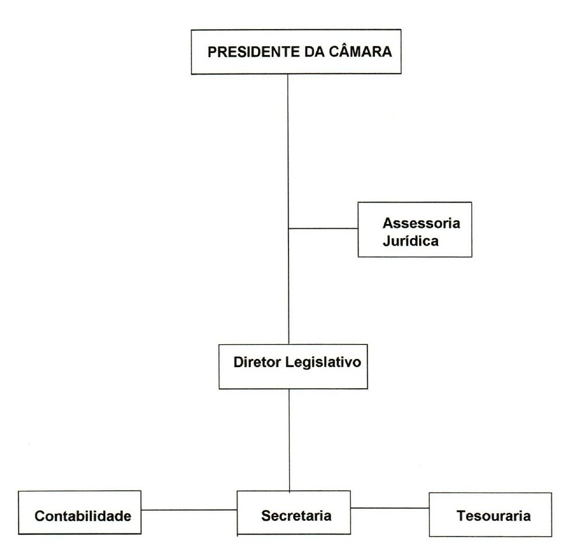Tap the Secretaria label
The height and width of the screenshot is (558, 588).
click(296, 516)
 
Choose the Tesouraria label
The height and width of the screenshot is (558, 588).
click(494, 516)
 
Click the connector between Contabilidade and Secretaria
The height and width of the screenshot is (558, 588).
click(189, 510)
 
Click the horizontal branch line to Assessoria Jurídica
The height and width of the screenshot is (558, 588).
click(323, 228)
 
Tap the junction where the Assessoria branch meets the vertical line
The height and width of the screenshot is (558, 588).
click(290, 228)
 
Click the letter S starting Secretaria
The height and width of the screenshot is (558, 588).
click(265, 516)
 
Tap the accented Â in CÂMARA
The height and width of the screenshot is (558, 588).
click(342, 51)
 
